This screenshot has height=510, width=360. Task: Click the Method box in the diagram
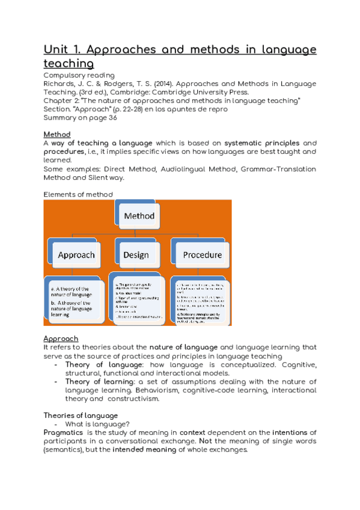click(139, 216)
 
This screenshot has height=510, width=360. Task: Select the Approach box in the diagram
click(76, 255)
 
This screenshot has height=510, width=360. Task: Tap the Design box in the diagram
click(136, 255)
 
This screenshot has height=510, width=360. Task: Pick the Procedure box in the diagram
click(202, 255)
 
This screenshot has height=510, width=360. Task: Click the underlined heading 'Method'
click(57, 134)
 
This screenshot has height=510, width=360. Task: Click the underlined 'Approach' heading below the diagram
click(61, 339)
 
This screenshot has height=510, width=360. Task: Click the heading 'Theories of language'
click(81, 416)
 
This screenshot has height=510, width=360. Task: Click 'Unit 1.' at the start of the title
click(62, 49)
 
